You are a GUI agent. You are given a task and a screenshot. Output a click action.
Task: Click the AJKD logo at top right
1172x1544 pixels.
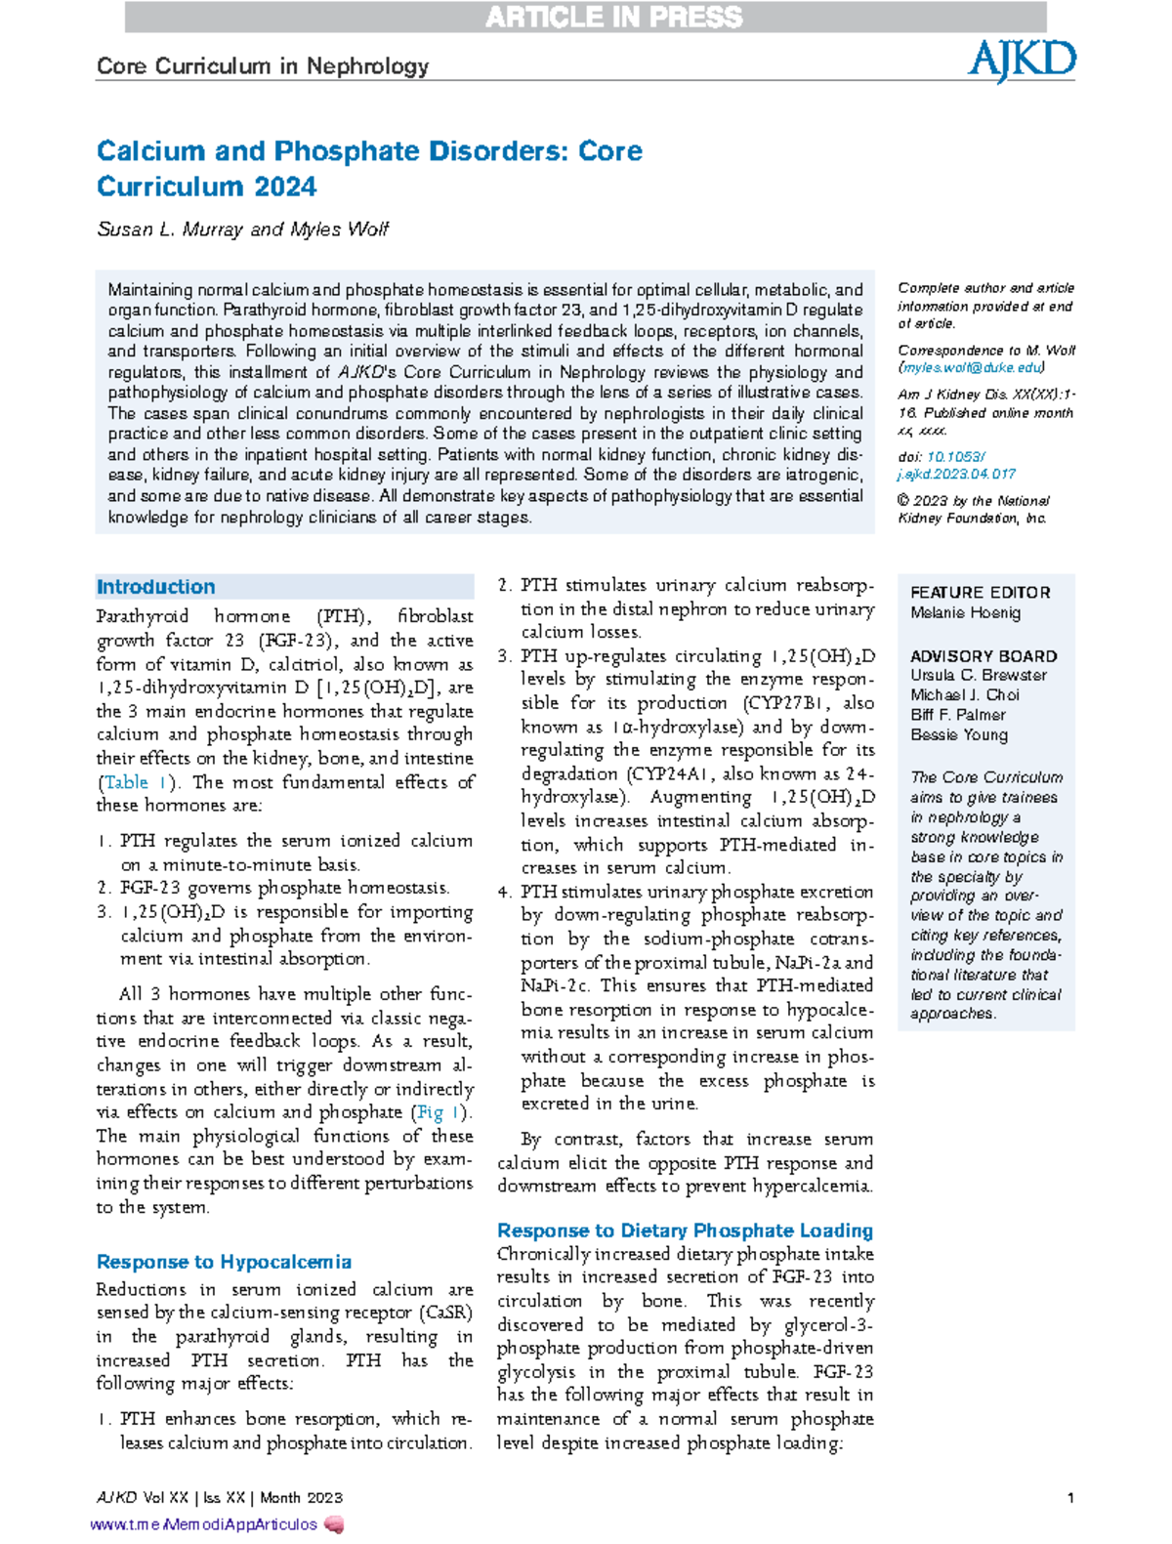pos(1021,61)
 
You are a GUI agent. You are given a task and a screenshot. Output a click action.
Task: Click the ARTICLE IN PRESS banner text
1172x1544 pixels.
pos(613,18)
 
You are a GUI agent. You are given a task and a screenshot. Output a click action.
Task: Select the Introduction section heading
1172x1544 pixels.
pos(155,587)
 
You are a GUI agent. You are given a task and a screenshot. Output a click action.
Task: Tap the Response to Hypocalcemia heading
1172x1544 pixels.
pos(224,1262)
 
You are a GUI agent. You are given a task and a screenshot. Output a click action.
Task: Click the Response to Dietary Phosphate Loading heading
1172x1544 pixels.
pos(685,1231)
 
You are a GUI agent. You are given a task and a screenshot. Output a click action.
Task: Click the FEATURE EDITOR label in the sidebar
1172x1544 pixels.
pos(980,593)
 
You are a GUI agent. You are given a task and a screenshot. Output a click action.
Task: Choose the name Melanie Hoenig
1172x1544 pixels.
pos(965,613)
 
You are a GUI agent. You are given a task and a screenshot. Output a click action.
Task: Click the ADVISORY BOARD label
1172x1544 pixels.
pos(983,656)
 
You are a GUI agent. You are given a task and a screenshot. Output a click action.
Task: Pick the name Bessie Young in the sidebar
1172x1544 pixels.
pos(958,735)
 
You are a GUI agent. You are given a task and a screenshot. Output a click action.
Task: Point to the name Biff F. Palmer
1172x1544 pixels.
pos(957,715)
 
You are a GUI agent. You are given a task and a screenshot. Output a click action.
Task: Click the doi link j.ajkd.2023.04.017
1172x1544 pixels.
pos(956,474)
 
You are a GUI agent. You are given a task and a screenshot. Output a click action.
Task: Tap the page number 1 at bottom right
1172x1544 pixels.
pos(1070,1497)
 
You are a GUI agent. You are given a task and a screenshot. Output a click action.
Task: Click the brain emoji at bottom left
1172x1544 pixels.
pos(334,1524)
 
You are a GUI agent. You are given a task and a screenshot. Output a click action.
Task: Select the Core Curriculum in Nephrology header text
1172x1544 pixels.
pos(263,66)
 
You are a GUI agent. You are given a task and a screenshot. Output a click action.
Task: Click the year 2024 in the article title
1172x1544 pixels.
pos(282,187)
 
